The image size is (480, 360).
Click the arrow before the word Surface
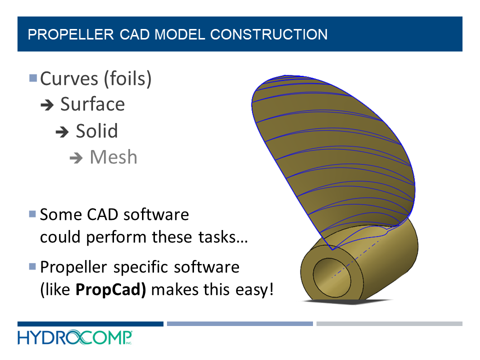[47, 105]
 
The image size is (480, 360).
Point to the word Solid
[96, 131]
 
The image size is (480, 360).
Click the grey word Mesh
[113, 157]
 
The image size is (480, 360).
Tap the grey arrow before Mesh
[76, 158]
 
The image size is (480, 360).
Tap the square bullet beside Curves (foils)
[33, 78]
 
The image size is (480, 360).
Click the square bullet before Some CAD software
[33, 214]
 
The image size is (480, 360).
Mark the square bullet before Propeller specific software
[33, 266]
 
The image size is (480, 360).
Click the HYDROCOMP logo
[75, 337]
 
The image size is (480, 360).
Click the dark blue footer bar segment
[90, 324]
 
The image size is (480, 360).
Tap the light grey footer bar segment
[389, 324]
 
